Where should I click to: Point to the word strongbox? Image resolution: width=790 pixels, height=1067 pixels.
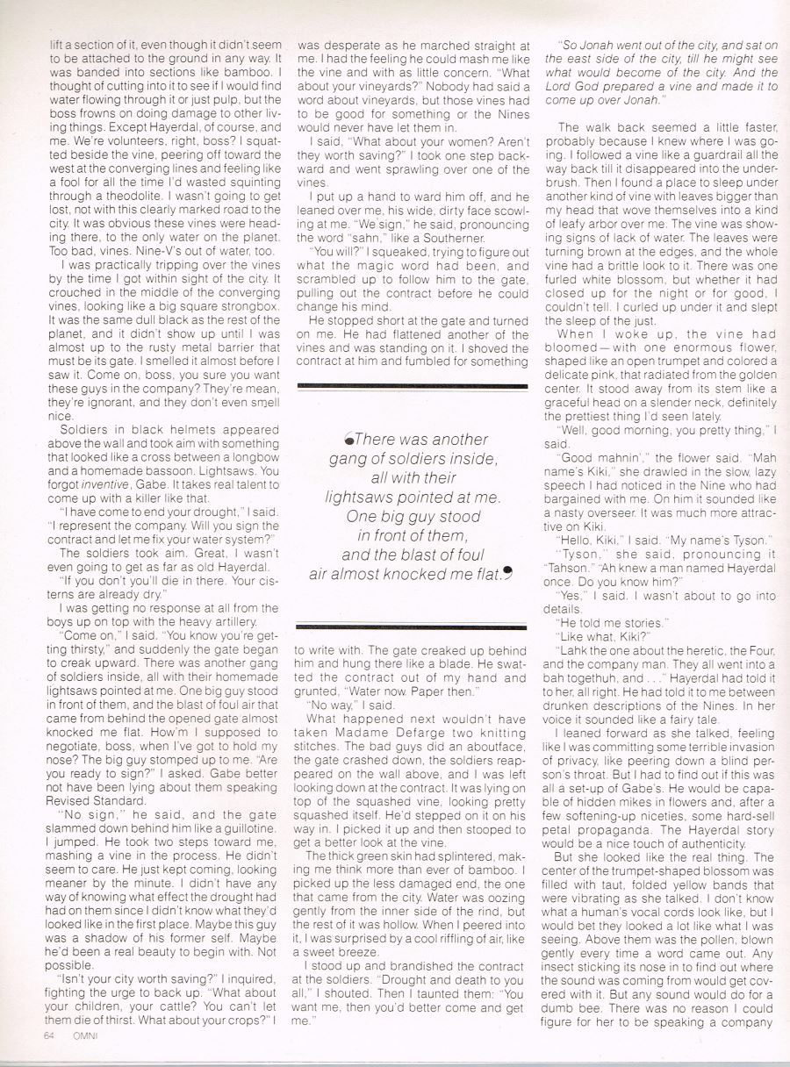[x=248, y=307]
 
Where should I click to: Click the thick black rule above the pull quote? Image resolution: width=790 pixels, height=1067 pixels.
[x=413, y=385]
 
